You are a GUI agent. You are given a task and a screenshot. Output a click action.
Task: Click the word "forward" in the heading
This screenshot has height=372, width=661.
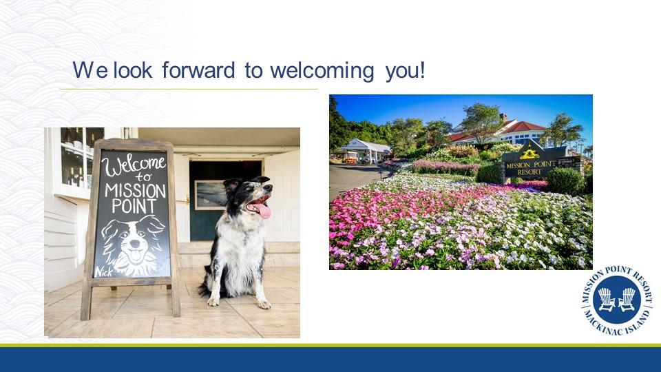(198, 70)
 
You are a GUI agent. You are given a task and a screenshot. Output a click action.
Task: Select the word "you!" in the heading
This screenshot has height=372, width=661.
(405, 71)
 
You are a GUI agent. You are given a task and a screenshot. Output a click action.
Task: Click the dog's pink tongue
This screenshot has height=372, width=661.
(264, 211)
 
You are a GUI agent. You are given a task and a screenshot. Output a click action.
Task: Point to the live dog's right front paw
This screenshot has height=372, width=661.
(213, 302)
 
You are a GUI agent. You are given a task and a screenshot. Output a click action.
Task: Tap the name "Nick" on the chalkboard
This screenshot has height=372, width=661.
(104, 272)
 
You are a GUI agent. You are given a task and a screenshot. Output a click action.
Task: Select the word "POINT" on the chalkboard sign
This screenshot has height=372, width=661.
(134, 206)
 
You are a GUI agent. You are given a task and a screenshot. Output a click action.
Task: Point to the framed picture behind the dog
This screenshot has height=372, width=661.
(209, 195)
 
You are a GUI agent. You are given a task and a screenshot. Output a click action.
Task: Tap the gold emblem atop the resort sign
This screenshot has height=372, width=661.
(529, 153)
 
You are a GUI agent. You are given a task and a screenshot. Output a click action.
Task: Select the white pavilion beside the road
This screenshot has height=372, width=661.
(366, 151)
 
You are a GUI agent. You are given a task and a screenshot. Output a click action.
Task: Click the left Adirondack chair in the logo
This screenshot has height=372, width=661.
(606, 299)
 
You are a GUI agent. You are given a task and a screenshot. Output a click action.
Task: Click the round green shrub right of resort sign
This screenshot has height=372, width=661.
(565, 181)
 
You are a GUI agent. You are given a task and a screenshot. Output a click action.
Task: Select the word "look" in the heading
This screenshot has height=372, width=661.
(132, 70)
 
